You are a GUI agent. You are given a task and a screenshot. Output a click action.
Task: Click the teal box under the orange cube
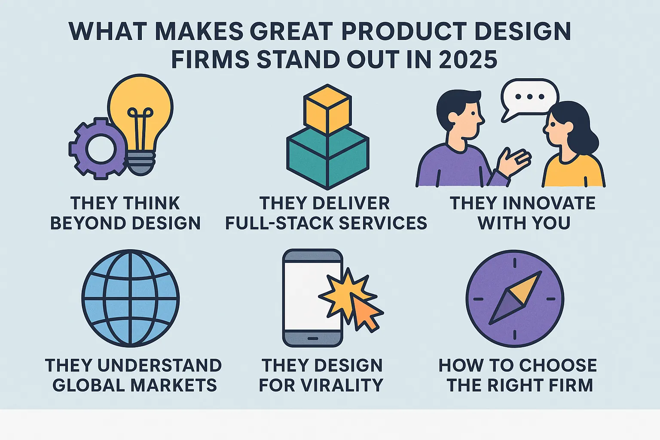point(328,159)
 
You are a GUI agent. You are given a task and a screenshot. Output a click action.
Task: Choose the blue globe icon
point(131,298)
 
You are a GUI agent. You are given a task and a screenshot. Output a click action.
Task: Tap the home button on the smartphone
point(313,339)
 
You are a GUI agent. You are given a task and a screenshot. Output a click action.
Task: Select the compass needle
point(515,298)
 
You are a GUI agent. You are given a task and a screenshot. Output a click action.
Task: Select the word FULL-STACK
point(279,223)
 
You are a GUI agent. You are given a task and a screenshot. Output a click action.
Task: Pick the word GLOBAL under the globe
point(89,385)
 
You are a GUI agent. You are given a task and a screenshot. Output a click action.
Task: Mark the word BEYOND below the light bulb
point(89,223)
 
